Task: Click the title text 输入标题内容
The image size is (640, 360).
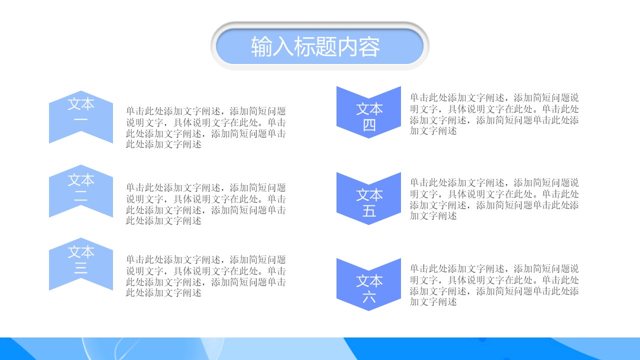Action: coord(315,46)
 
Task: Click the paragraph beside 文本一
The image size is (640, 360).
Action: coord(206,127)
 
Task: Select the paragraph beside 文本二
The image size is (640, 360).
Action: coord(206,204)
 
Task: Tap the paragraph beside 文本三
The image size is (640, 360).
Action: coord(206,276)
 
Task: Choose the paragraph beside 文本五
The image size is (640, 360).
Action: coord(494,199)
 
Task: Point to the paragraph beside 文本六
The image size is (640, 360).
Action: coord(494,285)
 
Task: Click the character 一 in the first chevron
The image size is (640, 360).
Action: coord(81,120)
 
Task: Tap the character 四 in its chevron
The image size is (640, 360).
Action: coord(369,125)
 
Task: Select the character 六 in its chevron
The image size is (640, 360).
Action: coord(369,297)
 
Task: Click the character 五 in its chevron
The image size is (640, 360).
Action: coord(369,211)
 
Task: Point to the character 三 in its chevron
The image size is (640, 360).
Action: coord(81,268)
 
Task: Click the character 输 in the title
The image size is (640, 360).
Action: coord(261,46)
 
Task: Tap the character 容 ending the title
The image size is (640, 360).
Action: coord(369,46)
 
